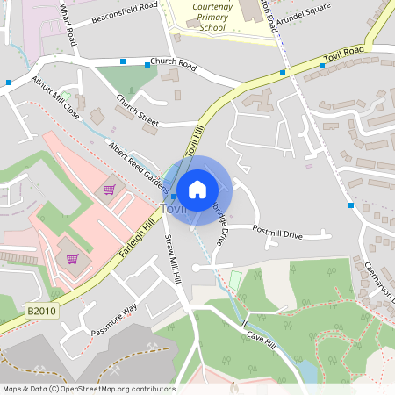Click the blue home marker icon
point(197,188)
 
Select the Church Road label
point(172,62)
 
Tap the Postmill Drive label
point(276,235)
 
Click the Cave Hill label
point(261,334)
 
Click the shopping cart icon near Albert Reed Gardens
point(110,190)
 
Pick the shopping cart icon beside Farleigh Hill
point(72,259)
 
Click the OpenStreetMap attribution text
point(89,389)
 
